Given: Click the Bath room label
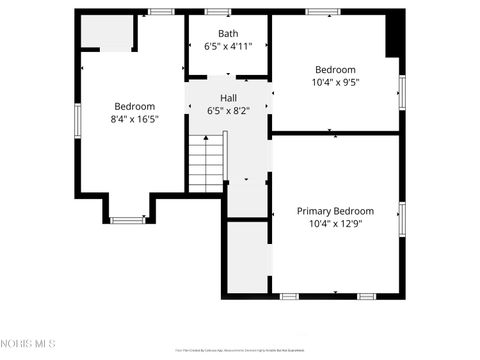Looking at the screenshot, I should click(x=228, y=33).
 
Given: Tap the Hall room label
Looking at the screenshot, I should click(x=228, y=97).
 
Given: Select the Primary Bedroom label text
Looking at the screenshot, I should click(x=335, y=211).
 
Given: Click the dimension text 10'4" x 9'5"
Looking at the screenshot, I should click(x=335, y=82).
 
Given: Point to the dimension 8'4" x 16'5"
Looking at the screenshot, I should click(x=134, y=119).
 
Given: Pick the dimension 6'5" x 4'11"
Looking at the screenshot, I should click(x=228, y=46).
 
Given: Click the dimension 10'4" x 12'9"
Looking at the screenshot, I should click(x=335, y=224).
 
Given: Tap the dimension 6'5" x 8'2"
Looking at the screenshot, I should click(x=228, y=110).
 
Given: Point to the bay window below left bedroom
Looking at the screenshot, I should click(x=127, y=219).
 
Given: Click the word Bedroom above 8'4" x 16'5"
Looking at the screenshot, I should click(x=134, y=106).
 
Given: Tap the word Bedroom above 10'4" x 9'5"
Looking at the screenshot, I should click(x=335, y=69).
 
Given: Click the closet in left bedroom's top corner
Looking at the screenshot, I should click(x=107, y=34).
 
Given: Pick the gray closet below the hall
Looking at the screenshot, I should click(x=248, y=258).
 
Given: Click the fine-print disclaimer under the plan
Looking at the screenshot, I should click(x=240, y=349).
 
